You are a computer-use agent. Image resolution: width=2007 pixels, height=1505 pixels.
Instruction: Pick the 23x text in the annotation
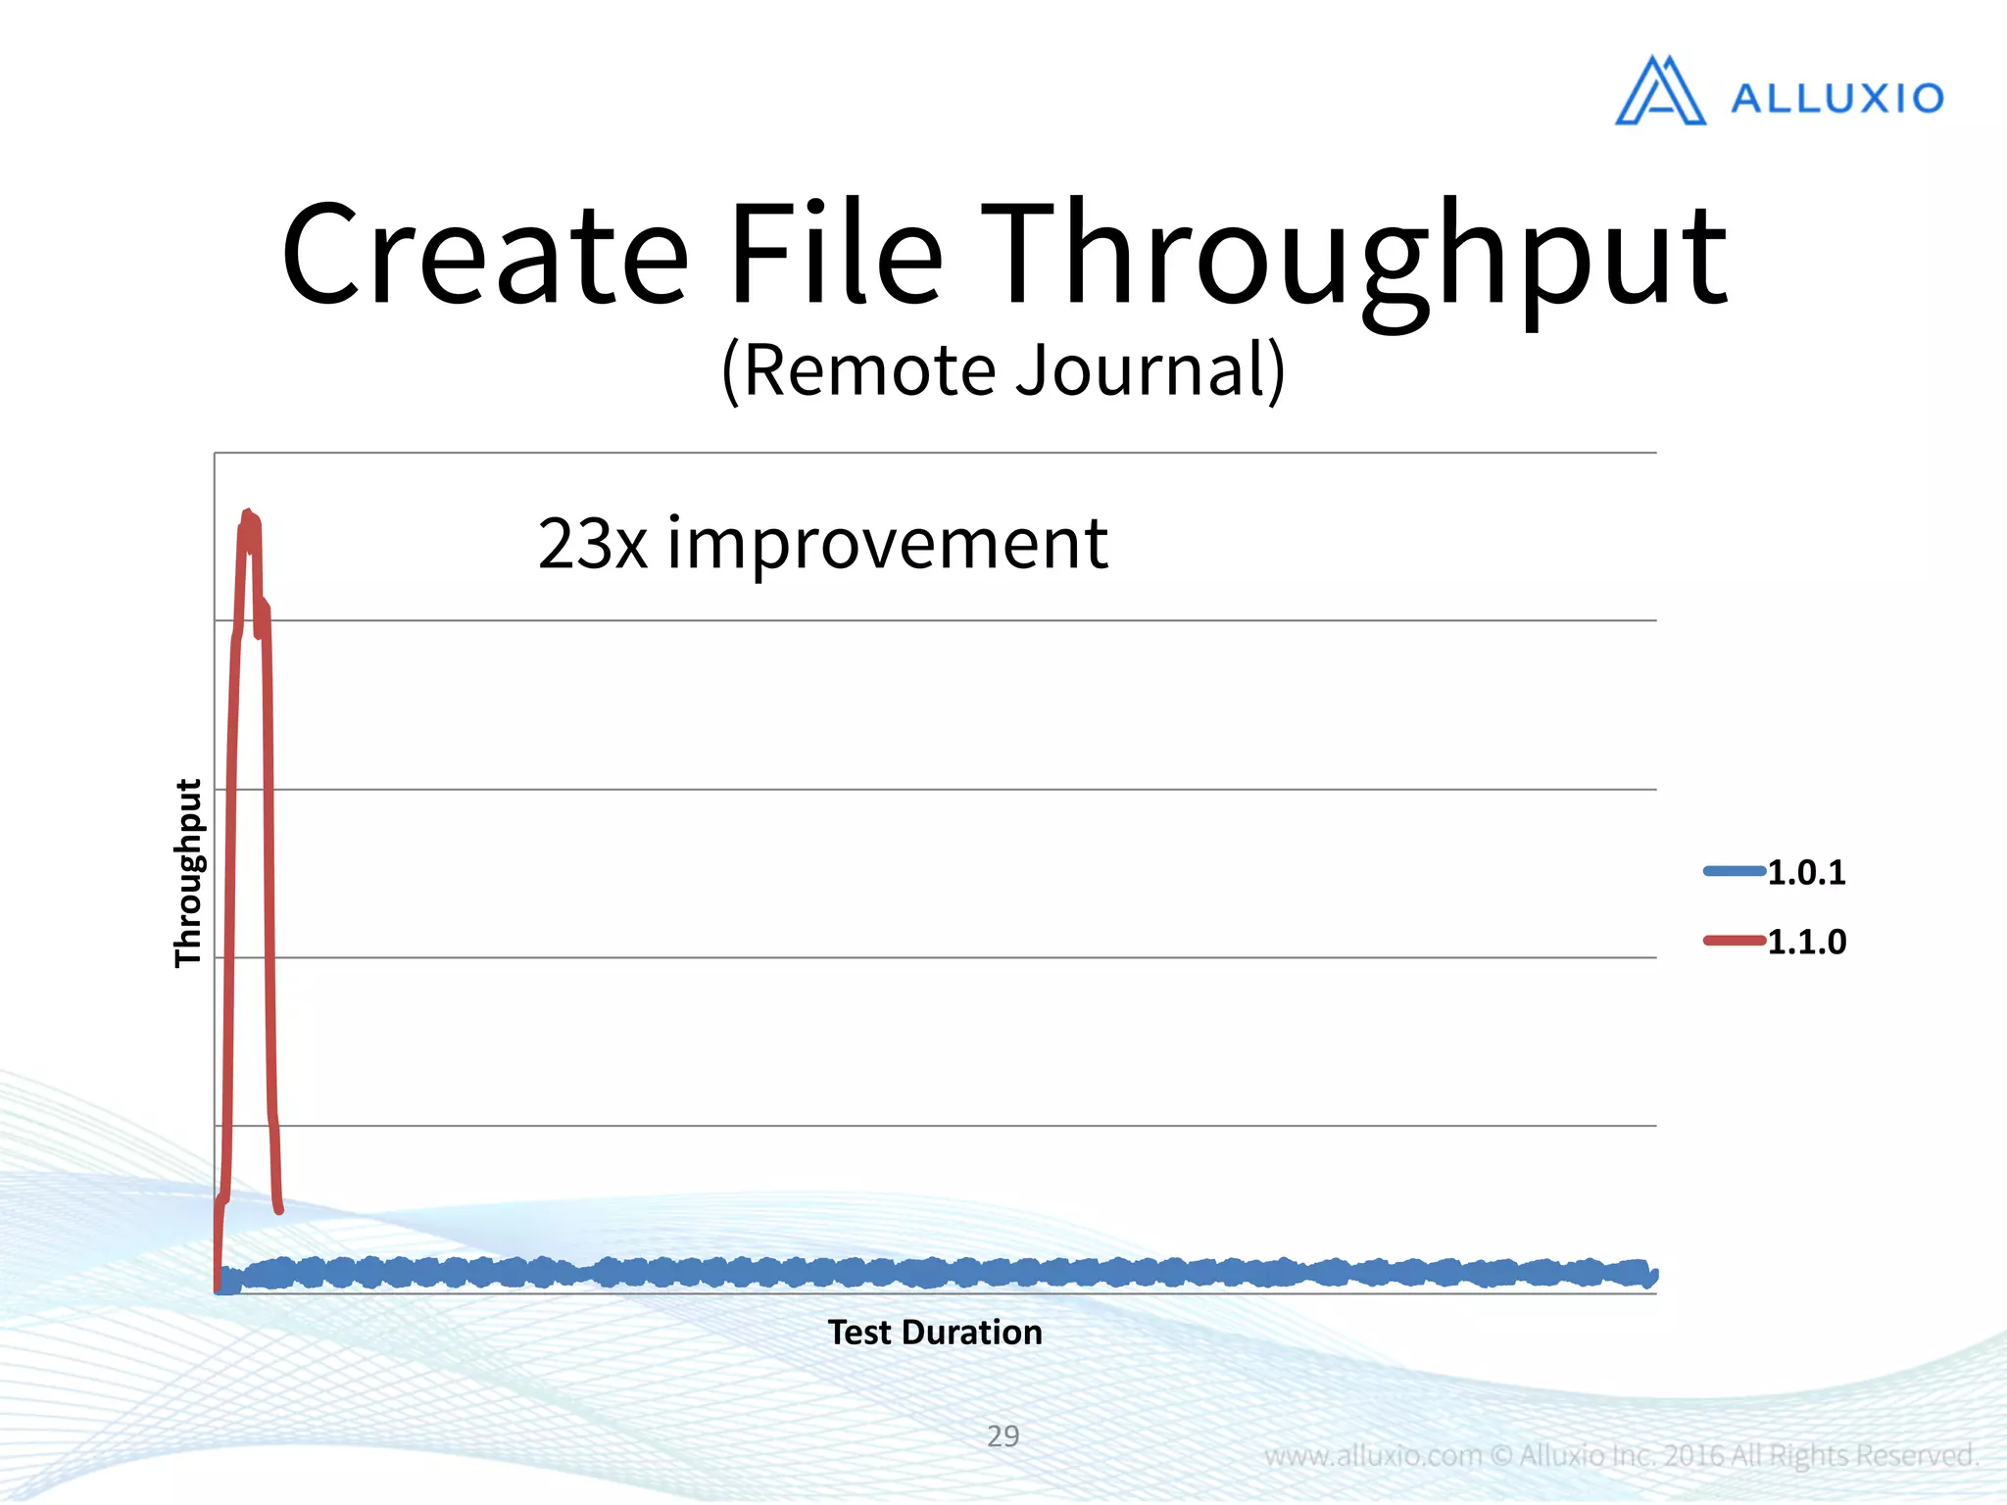click(x=592, y=544)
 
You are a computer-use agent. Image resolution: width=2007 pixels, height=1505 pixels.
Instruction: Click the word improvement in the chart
click(x=887, y=544)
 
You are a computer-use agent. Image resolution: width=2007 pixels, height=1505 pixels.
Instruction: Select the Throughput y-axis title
click(x=187, y=873)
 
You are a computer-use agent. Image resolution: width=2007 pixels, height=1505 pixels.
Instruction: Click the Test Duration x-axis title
click(x=935, y=1333)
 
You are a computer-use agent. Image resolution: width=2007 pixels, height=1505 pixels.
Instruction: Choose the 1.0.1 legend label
click(x=1806, y=872)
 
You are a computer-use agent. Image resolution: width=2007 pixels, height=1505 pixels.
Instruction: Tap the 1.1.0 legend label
click(x=1806, y=942)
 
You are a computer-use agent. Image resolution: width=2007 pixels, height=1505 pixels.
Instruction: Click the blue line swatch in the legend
click(x=1734, y=870)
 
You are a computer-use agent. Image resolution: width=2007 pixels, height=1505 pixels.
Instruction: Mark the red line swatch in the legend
click(x=1734, y=941)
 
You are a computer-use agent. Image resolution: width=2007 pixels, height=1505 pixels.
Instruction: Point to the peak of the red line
click(x=248, y=513)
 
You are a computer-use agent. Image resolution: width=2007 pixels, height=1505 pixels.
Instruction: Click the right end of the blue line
click(x=1653, y=1275)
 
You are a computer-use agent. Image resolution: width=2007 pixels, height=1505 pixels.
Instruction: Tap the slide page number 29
click(x=1003, y=1436)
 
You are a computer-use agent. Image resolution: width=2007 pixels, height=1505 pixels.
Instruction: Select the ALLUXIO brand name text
click(x=1837, y=98)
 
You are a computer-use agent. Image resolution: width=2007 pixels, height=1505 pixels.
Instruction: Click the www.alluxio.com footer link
click(x=1373, y=1456)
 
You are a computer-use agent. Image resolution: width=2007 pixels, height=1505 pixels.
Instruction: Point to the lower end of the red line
click(x=279, y=1210)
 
